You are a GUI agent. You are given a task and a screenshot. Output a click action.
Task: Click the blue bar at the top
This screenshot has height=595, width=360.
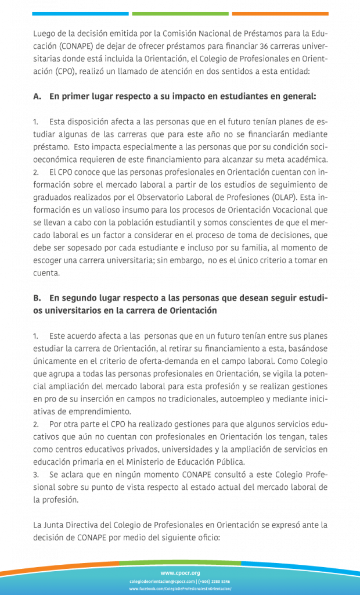click(80, 13)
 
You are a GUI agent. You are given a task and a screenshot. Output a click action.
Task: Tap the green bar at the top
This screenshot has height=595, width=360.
click(180, 13)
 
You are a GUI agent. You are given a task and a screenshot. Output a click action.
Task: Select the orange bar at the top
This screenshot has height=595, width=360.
click(280, 13)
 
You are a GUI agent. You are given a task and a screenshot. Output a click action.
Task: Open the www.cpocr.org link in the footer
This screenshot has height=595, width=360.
click(179, 572)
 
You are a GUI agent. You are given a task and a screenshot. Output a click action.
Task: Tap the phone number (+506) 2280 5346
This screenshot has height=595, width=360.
click(214, 581)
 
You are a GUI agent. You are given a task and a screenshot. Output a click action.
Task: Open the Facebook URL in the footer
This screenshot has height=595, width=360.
click(179, 589)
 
